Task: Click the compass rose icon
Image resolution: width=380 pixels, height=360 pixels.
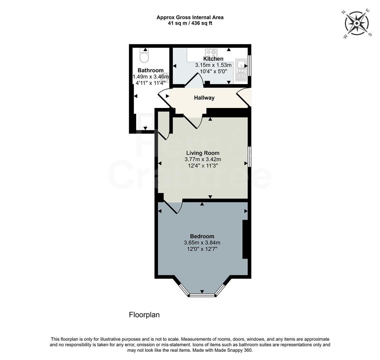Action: [357, 23]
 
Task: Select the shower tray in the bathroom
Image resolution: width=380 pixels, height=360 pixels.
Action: [146, 122]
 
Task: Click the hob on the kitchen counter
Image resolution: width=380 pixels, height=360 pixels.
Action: [211, 54]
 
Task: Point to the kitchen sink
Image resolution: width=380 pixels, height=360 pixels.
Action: [241, 70]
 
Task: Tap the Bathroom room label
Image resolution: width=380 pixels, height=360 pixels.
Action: [151, 70]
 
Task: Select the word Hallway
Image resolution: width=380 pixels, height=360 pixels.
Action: [204, 98]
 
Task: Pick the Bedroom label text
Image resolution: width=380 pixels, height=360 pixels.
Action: [202, 236]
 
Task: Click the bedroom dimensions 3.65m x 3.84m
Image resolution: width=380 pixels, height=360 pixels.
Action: [202, 243]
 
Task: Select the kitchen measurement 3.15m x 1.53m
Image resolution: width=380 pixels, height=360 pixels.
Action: [213, 65]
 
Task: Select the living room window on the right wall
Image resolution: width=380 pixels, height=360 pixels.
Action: [249, 156]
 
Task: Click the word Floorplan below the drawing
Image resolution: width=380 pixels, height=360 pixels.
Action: [144, 315]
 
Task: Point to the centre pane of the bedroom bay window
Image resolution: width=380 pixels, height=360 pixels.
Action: [202, 295]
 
